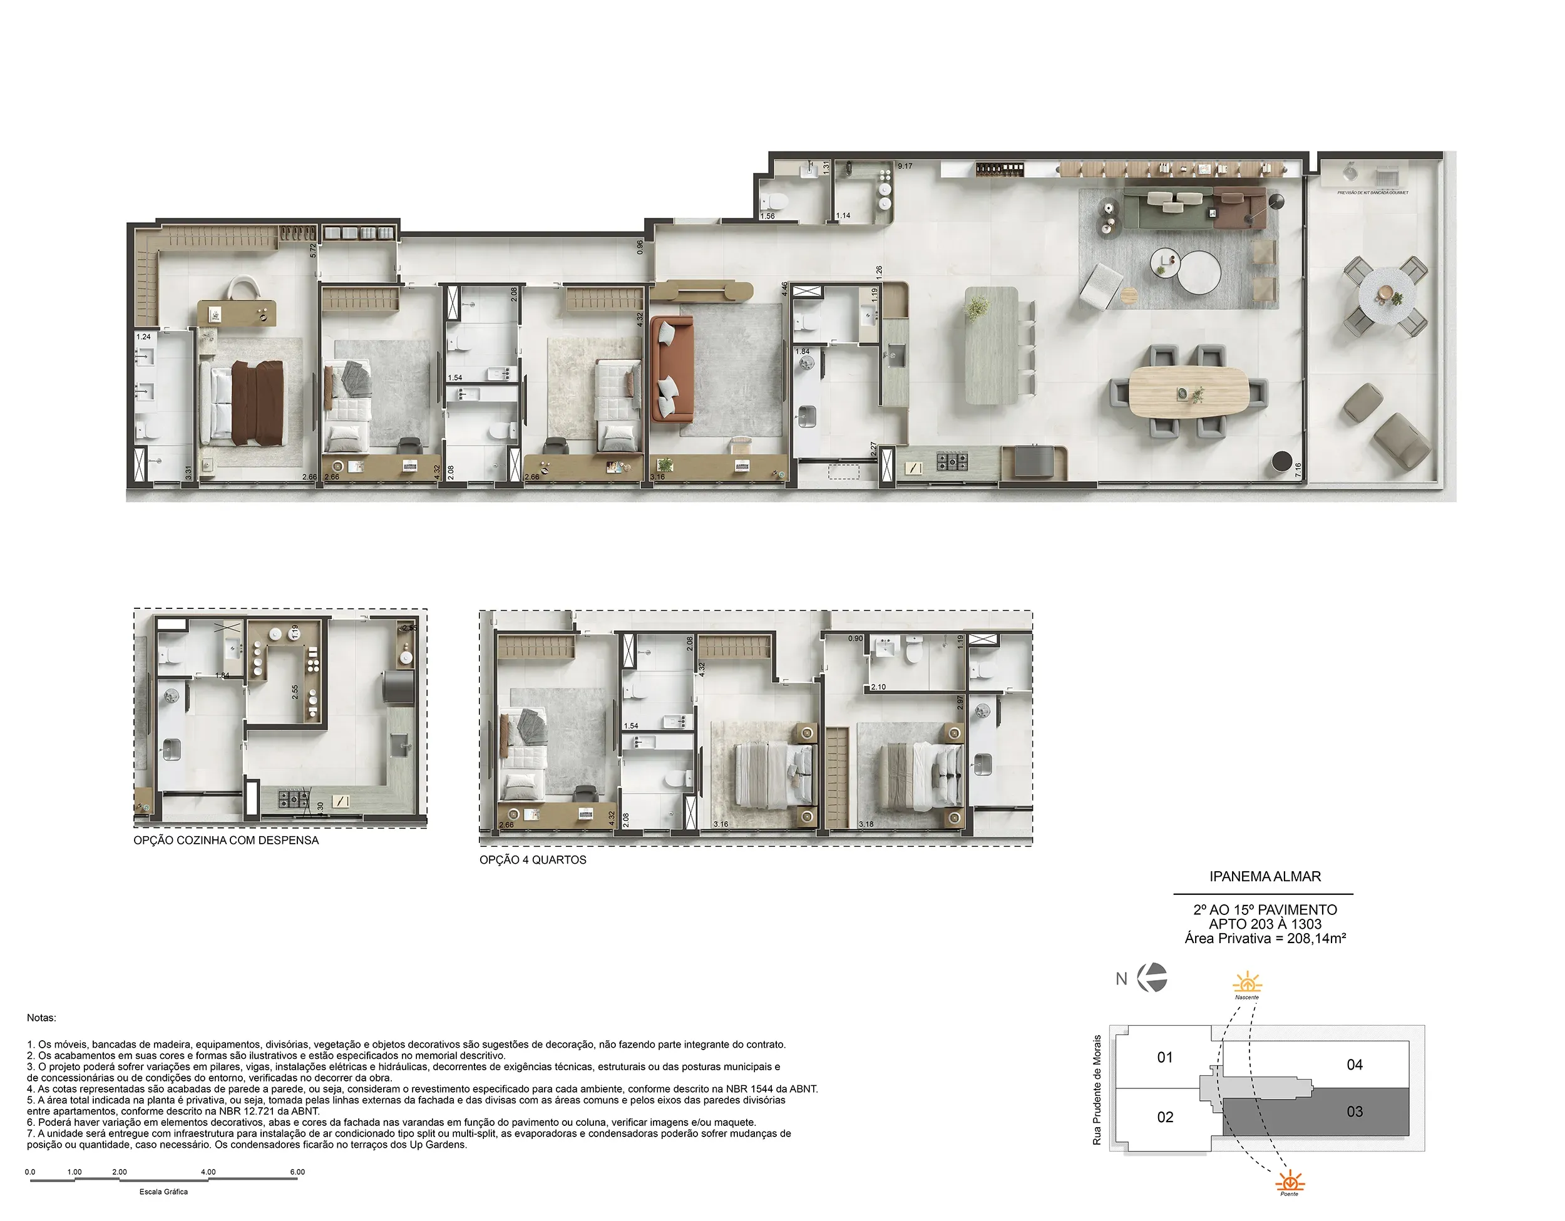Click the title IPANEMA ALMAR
point(1265,876)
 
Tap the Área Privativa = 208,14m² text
point(1265,939)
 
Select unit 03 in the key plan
point(1353,1111)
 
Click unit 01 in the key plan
point(1164,1058)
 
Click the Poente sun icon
point(1290,1180)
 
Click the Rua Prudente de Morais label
point(1096,1089)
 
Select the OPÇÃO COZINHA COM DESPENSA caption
point(226,840)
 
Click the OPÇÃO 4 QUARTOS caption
point(533,860)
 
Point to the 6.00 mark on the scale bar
point(297,1172)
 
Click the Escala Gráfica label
point(163,1192)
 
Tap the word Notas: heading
point(41,1018)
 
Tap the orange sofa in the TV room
point(672,369)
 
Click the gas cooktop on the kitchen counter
point(953,461)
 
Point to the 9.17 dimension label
point(905,166)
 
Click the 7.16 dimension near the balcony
point(1298,470)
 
